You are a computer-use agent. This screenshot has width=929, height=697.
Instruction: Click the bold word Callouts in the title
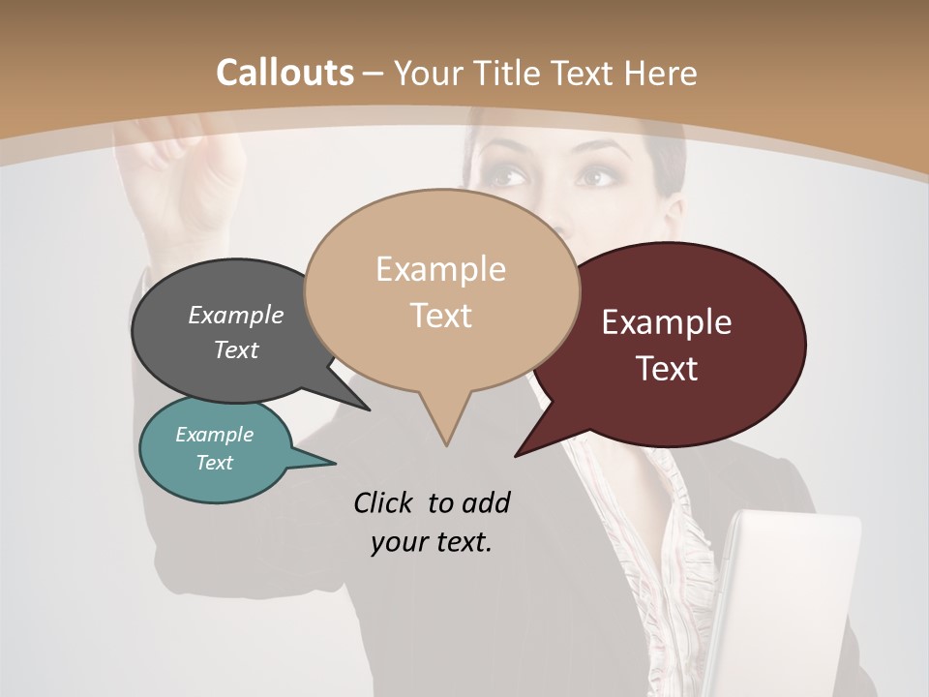click(x=285, y=73)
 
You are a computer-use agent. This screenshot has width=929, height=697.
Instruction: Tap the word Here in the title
click(x=661, y=73)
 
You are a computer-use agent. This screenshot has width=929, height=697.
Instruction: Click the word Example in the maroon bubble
click(x=666, y=322)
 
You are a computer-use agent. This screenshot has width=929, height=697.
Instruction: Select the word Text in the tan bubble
click(x=441, y=316)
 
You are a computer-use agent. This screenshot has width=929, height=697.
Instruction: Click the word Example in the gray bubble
click(x=236, y=315)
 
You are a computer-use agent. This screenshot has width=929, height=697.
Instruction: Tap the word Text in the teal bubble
click(x=215, y=463)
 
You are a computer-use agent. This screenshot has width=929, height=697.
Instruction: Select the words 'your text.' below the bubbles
click(x=432, y=542)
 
